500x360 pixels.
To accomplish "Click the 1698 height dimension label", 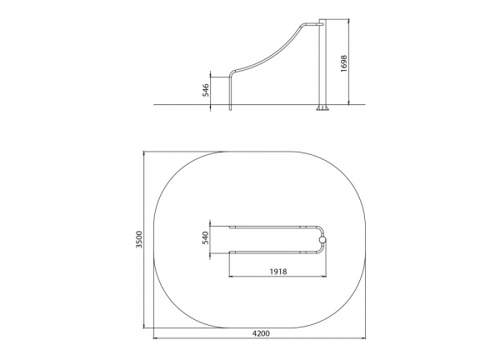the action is point(343,63).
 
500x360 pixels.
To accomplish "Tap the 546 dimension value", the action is point(206,90).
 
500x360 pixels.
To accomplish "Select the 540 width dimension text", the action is point(205,237).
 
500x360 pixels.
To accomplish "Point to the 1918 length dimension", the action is point(278,272).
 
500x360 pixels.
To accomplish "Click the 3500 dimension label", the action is point(139,239).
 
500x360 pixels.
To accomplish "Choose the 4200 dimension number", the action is point(261,333).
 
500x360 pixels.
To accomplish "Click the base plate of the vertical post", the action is point(322,107).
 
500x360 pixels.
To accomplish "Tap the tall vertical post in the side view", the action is point(322,62).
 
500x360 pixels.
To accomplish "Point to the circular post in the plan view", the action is point(322,240).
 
